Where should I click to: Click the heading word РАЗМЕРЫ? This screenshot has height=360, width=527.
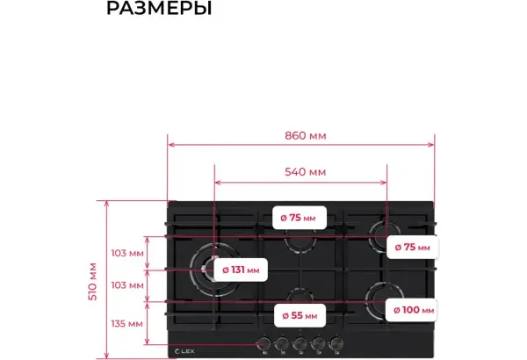pyautogui.click(x=159, y=8)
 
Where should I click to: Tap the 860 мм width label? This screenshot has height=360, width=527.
pyautogui.click(x=305, y=136)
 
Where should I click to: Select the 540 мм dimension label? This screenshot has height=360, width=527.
pyautogui.click(x=305, y=172)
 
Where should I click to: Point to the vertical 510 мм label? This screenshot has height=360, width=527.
pyautogui.click(x=92, y=281)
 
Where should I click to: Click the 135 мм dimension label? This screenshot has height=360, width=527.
pyautogui.click(x=127, y=324)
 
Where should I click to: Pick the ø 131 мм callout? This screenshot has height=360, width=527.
pyautogui.click(x=241, y=270)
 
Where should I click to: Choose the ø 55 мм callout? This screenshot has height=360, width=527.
pyautogui.click(x=300, y=315)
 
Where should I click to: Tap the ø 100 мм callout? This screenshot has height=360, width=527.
pyautogui.click(x=413, y=310)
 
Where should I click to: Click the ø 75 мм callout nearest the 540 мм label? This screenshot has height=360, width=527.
pyautogui.click(x=299, y=218)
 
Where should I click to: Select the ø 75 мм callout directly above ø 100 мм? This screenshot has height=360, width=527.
pyautogui.click(x=413, y=248)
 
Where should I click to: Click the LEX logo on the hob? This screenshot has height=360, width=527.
pyautogui.click(x=184, y=351)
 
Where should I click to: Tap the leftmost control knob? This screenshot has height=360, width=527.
pyautogui.click(x=263, y=344)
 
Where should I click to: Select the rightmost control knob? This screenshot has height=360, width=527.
pyautogui.click(x=336, y=344)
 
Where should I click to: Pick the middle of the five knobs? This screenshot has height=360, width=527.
pyautogui.click(x=300, y=344)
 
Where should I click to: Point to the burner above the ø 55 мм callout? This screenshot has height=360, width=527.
pyautogui.click(x=300, y=295)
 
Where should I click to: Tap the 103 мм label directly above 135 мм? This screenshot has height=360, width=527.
pyautogui.click(x=127, y=285)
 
